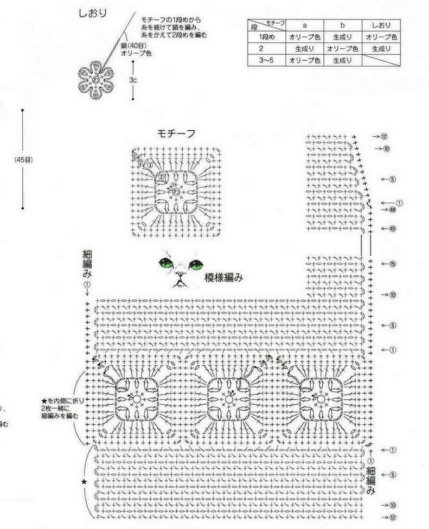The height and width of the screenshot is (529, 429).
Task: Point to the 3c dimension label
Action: coord(132,80)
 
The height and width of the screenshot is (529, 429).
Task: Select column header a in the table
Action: coord(305,25)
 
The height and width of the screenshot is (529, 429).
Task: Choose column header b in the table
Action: coord(343,25)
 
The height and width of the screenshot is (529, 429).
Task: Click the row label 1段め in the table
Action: coord(267,37)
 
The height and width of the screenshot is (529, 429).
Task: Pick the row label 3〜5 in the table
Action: coord(267,61)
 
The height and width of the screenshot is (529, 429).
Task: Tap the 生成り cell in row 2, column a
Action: coord(305,49)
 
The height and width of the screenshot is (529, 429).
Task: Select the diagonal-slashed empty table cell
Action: coord(381,61)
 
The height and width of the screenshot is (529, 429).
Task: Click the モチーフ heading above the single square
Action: coord(176,133)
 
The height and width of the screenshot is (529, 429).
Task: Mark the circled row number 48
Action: coord(392,209)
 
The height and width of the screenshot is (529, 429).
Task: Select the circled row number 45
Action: coord(392,228)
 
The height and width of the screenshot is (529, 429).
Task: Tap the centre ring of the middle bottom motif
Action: coord(229,399)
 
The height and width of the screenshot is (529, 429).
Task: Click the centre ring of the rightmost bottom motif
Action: coord(321,399)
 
